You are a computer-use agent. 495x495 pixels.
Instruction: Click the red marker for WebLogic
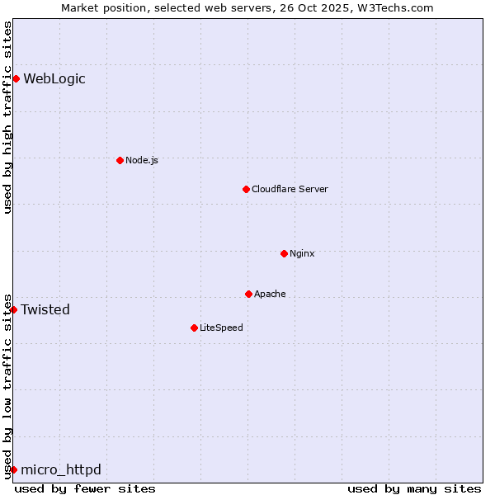pos(16,78)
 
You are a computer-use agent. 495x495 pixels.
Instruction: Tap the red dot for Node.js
pos(120,160)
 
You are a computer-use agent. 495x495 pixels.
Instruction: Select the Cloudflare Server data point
pos(246,189)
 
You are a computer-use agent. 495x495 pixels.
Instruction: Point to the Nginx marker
pos(284,253)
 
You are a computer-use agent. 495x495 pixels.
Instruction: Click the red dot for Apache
pos(248,294)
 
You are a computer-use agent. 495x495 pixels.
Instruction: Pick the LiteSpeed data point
pos(194,328)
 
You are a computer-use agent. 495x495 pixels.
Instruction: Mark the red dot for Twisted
pos(13,309)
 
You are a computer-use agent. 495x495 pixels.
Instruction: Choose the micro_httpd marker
pos(13,469)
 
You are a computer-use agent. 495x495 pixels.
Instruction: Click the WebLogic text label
pos(54,79)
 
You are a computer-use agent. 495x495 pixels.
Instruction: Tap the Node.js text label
pos(142,160)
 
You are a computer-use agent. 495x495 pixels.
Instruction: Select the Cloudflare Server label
pos(290,189)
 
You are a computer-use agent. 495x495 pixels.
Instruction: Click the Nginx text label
pos(302,253)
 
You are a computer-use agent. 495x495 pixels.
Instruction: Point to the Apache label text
pos(270,294)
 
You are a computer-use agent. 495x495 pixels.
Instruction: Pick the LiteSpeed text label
pos(221,328)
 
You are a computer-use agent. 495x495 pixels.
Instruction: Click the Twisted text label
pos(45,310)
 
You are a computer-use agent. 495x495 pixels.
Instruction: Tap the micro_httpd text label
pos(61,470)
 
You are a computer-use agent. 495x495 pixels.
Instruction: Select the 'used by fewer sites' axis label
pos(85,488)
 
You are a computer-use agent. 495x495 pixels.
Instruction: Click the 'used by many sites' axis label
pos(414,488)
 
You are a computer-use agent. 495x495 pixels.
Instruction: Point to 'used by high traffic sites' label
pos(7,117)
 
